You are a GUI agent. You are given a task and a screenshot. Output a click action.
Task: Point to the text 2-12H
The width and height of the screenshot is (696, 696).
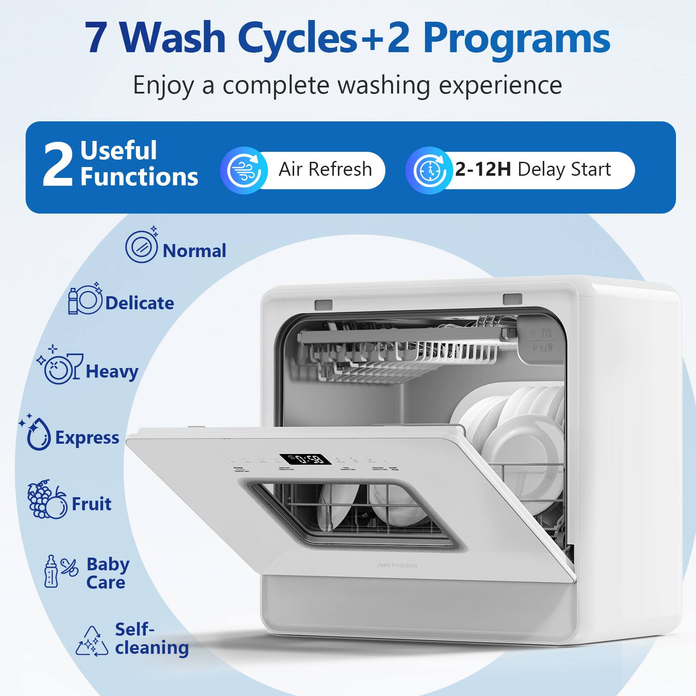[x=483, y=169]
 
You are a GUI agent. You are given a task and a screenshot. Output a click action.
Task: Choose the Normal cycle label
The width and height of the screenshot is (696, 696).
[x=194, y=251]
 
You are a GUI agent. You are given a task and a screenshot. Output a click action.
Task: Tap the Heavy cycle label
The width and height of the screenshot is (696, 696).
[x=112, y=371]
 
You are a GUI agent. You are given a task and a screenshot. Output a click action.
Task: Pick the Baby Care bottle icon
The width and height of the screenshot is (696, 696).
[x=51, y=572]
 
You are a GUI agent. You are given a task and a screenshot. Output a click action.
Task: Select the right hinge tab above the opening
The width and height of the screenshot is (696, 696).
[x=512, y=299]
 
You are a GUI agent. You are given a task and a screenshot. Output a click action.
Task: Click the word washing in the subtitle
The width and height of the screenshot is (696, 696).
[x=384, y=85]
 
